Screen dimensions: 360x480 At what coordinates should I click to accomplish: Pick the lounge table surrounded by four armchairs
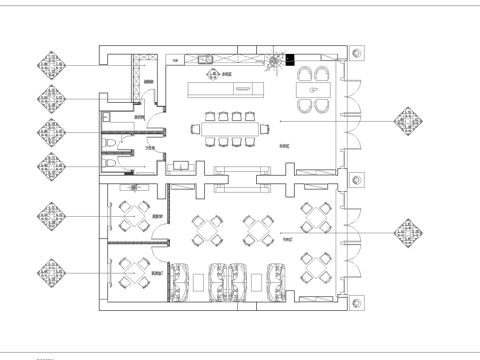[313, 90]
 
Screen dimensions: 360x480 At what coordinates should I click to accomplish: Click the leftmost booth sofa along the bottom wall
[181, 281]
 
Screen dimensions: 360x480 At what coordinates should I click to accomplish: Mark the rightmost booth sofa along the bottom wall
[276, 281]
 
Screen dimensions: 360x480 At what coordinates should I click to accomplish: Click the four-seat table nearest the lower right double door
[316, 266]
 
